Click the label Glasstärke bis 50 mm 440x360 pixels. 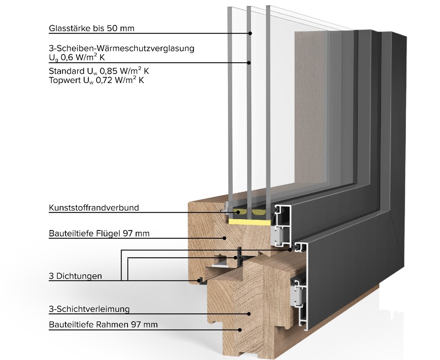pyautogui.click(x=91, y=29)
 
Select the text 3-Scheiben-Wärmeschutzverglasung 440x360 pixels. pyautogui.click(x=121, y=48)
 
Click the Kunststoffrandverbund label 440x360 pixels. pyautogui.click(x=94, y=208)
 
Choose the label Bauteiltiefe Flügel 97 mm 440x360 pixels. pyautogui.click(x=99, y=233)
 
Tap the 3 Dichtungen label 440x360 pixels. pyautogui.click(x=75, y=276)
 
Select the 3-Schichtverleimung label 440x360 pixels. pyautogui.click(x=89, y=310)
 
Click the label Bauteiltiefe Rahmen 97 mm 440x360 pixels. pyautogui.click(x=103, y=324)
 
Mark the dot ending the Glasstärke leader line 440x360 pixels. pyautogui.click(x=250, y=33)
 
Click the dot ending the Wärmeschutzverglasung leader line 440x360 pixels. pyautogui.click(x=249, y=63)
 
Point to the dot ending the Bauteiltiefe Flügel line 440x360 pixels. pyautogui.click(x=225, y=238)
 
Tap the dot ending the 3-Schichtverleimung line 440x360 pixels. pyautogui.click(x=249, y=313)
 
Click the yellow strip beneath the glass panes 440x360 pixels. pyautogui.click(x=248, y=222)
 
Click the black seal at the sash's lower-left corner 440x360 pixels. pyautogui.click(x=201, y=280)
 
